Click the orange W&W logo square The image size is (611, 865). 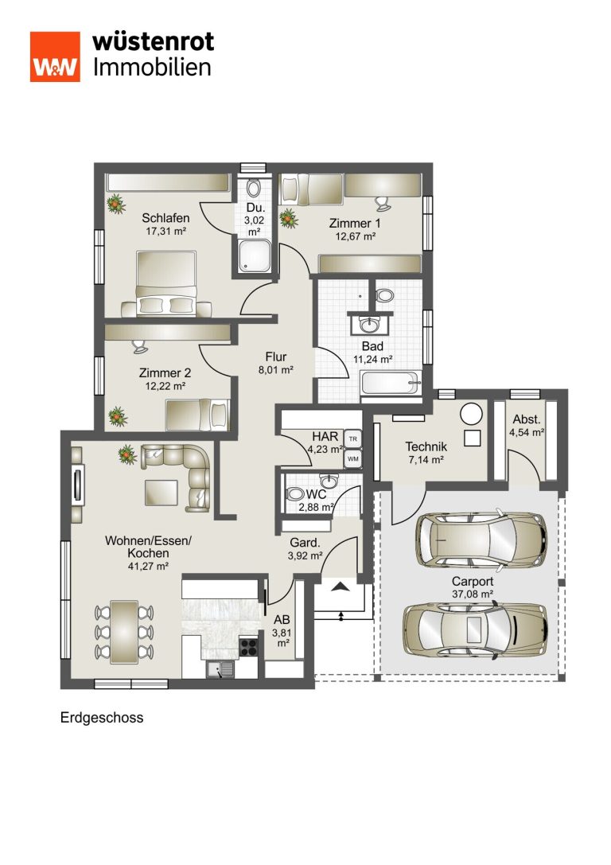(55, 56)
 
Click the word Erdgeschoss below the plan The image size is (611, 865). (102, 718)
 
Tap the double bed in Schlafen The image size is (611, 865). (166, 284)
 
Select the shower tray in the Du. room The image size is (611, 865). (255, 255)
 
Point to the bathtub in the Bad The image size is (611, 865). (391, 383)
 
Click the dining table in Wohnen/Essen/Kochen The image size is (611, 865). (124, 632)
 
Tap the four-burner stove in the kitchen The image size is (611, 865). (248, 646)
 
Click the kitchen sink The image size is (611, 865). (220, 670)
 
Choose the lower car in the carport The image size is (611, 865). (475, 630)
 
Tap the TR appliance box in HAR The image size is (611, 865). (353, 439)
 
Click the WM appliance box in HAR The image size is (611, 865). (353, 458)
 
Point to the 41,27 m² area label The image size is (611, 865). (148, 566)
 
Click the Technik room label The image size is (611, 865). (426, 446)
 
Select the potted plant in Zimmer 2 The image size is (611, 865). (118, 416)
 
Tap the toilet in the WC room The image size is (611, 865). (295, 493)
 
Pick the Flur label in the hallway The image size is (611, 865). (276, 357)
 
